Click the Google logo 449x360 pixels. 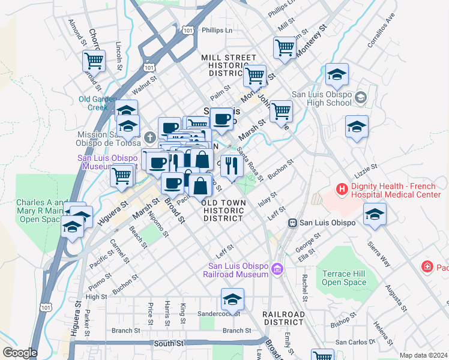[20, 353]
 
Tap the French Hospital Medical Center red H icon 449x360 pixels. [342, 190]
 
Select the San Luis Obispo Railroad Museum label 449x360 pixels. [238, 271]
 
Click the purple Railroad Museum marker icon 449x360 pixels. [277, 268]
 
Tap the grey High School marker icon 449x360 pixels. [361, 97]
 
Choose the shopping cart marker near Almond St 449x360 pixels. [94, 59]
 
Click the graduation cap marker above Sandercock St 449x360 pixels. [232, 298]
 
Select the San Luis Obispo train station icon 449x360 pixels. [293, 223]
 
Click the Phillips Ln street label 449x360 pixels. [217, 30]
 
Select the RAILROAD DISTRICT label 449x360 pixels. [283, 319]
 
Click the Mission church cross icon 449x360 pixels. [153, 138]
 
